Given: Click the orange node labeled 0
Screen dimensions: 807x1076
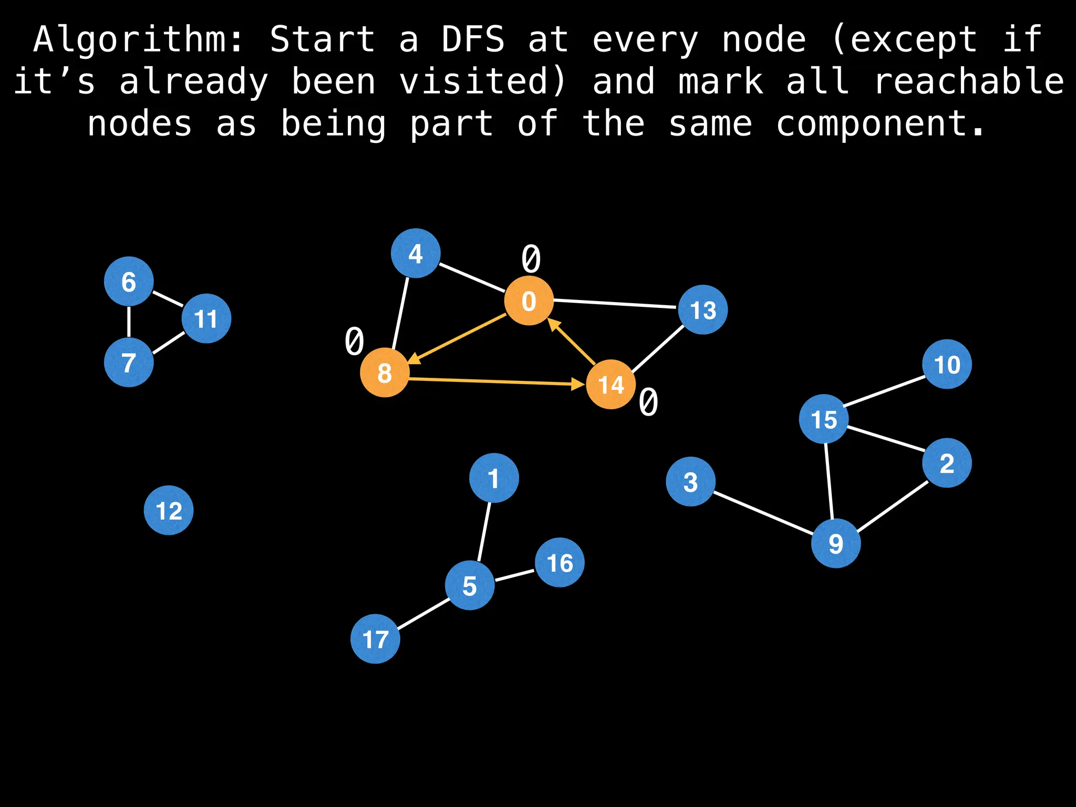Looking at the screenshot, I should click(x=529, y=301).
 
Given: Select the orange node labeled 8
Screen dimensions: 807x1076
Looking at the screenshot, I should click(x=385, y=373).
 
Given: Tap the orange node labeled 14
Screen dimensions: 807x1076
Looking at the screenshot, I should click(x=611, y=385).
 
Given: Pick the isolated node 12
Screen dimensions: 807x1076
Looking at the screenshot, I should click(x=169, y=510).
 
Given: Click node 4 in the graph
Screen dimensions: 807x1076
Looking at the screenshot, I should click(x=416, y=253).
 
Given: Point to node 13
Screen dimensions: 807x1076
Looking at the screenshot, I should click(x=703, y=309).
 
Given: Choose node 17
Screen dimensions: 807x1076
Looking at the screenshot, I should click(x=375, y=639).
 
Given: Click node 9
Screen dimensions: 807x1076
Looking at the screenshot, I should click(x=836, y=543).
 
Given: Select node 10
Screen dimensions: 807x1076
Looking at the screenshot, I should click(x=947, y=364).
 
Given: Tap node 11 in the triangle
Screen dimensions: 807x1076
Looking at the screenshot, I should click(x=206, y=318).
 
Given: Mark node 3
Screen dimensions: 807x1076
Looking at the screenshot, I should click(x=690, y=481).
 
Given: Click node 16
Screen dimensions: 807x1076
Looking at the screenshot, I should click(x=560, y=563).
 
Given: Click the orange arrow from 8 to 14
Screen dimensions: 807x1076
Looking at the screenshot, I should click(x=494, y=381).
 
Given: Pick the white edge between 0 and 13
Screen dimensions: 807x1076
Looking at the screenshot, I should click(x=615, y=304).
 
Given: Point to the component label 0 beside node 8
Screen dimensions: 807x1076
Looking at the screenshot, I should click(x=355, y=341).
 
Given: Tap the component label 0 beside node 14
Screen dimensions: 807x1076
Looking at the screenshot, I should click(x=648, y=403).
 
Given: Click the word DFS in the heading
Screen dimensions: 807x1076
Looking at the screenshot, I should click(x=473, y=39).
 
